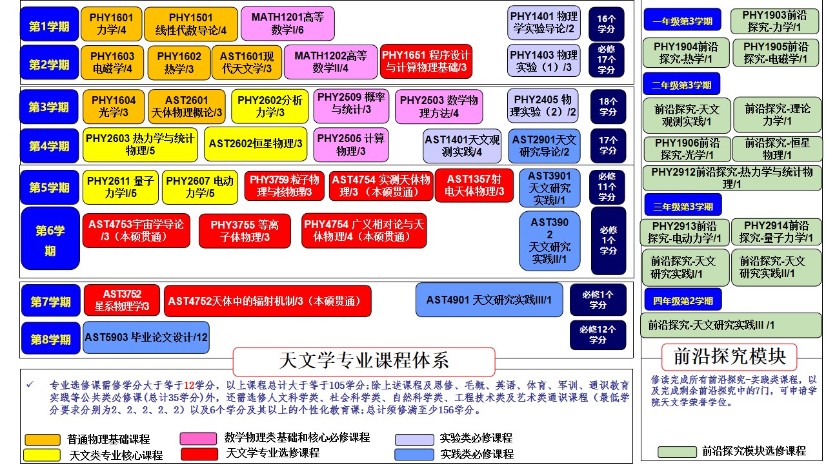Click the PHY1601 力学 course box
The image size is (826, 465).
(x=112, y=24)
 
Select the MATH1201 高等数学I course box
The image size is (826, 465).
(x=287, y=24)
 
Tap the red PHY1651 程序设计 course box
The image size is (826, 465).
(x=426, y=61)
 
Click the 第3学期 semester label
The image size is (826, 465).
(x=49, y=107)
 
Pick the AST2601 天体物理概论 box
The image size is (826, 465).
(x=186, y=107)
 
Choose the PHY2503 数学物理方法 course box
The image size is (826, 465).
(x=439, y=107)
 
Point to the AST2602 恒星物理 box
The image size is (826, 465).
(x=256, y=144)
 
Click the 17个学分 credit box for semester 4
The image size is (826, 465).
(x=608, y=145)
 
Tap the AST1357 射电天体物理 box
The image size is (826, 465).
(x=474, y=185)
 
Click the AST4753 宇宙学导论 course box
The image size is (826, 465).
(x=136, y=231)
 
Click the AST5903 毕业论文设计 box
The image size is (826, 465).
(x=146, y=337)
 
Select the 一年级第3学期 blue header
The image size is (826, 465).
(x=682, y=21)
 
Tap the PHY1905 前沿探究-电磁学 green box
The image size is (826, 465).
(x=775, y=53)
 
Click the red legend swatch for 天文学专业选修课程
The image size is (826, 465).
(x=199, y=455)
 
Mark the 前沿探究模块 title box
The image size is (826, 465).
(x=729, y=357)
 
